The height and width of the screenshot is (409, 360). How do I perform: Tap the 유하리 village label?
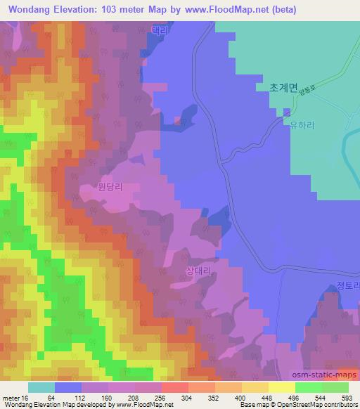coord(301,121)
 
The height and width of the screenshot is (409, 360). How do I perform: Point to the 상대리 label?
coord(198,270)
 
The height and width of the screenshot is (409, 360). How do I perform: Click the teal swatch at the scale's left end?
coord(41,388)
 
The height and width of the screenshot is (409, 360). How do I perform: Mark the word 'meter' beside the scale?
coord(11,398)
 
